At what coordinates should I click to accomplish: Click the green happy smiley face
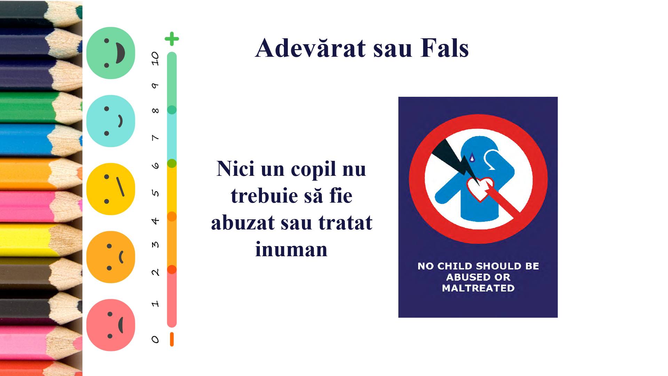pos(111,53)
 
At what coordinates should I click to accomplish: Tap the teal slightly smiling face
pos(111,121)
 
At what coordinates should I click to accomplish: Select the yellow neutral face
pos(111,189)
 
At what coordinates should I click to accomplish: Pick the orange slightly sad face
pos(111,257)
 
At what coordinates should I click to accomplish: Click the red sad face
pos(111,325)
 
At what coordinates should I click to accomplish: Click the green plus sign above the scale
pos(172,39)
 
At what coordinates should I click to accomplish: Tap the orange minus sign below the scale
pos(172,339)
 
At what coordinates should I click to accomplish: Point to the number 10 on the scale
pos(155,58)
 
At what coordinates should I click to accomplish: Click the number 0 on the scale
pos(155,339)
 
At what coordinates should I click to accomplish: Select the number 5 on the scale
pos(156,193)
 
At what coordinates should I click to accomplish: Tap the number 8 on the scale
pos(155,111)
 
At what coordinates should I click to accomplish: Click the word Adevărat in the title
pos(311,48)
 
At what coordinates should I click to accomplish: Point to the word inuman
pos(292,249)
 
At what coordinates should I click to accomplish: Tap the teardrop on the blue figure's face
pos(472,158)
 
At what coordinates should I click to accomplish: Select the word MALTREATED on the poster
pos(478,288)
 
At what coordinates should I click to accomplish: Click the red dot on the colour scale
pos(172,269)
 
